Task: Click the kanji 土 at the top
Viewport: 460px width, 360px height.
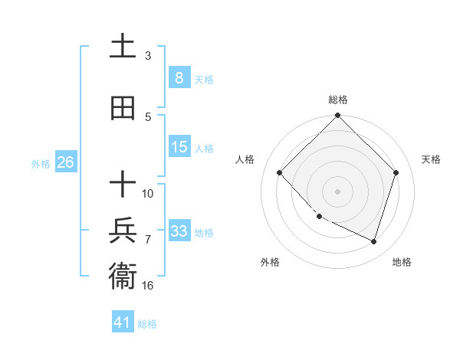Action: pyautogui.click(x=123, y=47)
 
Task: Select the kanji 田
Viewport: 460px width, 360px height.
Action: pyautogui.click(x=123, y=108)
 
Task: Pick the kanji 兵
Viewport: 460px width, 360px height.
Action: pyautogui.click(x=123, y=231)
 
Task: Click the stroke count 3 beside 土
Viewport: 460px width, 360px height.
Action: pyautogui.click(x=148, y=55)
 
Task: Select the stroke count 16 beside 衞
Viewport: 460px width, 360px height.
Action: pyautogui.click(x=149, y=285)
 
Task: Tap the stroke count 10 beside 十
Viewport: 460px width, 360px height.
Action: pyautogui.click(x=148, y=193)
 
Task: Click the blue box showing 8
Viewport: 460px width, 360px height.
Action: pyautogui.click(x=179, y=77)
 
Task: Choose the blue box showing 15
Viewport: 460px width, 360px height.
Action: pyautogui.click(x=179, y=147)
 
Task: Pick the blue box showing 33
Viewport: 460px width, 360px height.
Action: pyautogui.click(x=179, y=231)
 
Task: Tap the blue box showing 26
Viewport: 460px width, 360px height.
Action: pyautogui.click(x=65, y=162)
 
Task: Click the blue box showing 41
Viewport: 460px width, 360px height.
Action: pyautogui.click(x=123, y=322)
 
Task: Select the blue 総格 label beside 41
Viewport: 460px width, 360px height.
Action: pyautogui.click(x=147, y=324)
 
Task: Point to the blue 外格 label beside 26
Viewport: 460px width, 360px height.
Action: pyautogui.click(x=41, y=163)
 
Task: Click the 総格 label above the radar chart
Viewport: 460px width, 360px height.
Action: pyautogui.click(x=337, y=100)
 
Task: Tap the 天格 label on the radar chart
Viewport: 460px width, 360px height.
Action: pyautogui.click(x=431, y=159)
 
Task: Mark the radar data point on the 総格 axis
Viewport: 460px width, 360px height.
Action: pyautogui.click(x=337, y=116)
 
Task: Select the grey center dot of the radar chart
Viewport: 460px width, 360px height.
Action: pyautogui.click(x=337, y=191)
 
